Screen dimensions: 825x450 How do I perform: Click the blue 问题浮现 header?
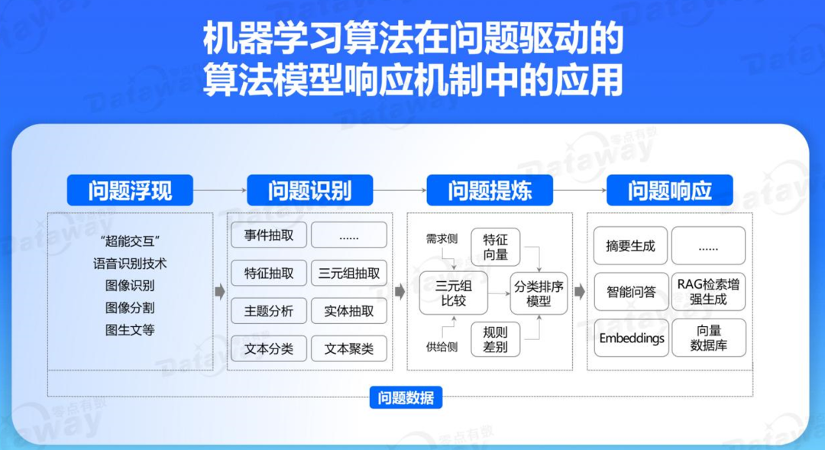tap(130, 190)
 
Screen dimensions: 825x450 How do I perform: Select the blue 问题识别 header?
tap(309, 190)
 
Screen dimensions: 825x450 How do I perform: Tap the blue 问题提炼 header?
tap(490, 190)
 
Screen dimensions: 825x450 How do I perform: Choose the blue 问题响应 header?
tap(670, 190)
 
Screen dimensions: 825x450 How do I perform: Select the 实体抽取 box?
tap(349, 311)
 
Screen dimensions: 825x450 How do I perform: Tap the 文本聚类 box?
tap(349, 348)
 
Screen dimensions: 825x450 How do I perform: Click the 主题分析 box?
tap(269, 311)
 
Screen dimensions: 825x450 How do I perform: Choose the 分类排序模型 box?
tap(539, 293)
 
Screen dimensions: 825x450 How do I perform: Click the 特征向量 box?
tap(496, 246)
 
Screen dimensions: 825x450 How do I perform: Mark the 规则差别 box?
tap(496, 339)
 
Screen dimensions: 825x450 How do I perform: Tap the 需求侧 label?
tap(442, 239)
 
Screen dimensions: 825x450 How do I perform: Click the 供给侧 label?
tap(442, 347)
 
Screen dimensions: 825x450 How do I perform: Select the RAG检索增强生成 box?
tap(708, 292)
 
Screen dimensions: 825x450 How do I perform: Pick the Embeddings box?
tap(631, 338)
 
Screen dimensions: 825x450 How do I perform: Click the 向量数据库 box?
tap(708, 338)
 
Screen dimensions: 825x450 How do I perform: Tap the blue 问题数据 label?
tap(406, 397)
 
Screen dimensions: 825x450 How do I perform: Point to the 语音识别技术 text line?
tap(130, 264)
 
